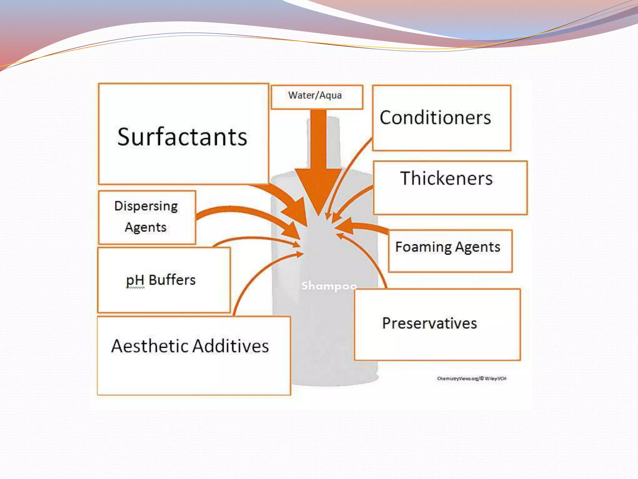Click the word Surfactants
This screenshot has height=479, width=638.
coord(182,137)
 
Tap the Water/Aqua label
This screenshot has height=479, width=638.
coord(315,95)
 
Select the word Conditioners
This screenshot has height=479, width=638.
coord(435,118)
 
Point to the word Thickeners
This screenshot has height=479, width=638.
coord(446,178)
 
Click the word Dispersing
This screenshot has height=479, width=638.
coord(146,206)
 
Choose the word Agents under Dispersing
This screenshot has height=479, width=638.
coord(145,227)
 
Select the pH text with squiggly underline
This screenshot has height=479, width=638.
coord(135,280)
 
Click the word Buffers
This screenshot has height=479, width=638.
coord(172,280)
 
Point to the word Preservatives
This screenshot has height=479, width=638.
coord(430,323)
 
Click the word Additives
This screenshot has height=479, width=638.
coord(231,346)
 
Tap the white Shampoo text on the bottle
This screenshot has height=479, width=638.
coord(329,286)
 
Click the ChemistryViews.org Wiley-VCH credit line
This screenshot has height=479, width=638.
coord(472,379)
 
